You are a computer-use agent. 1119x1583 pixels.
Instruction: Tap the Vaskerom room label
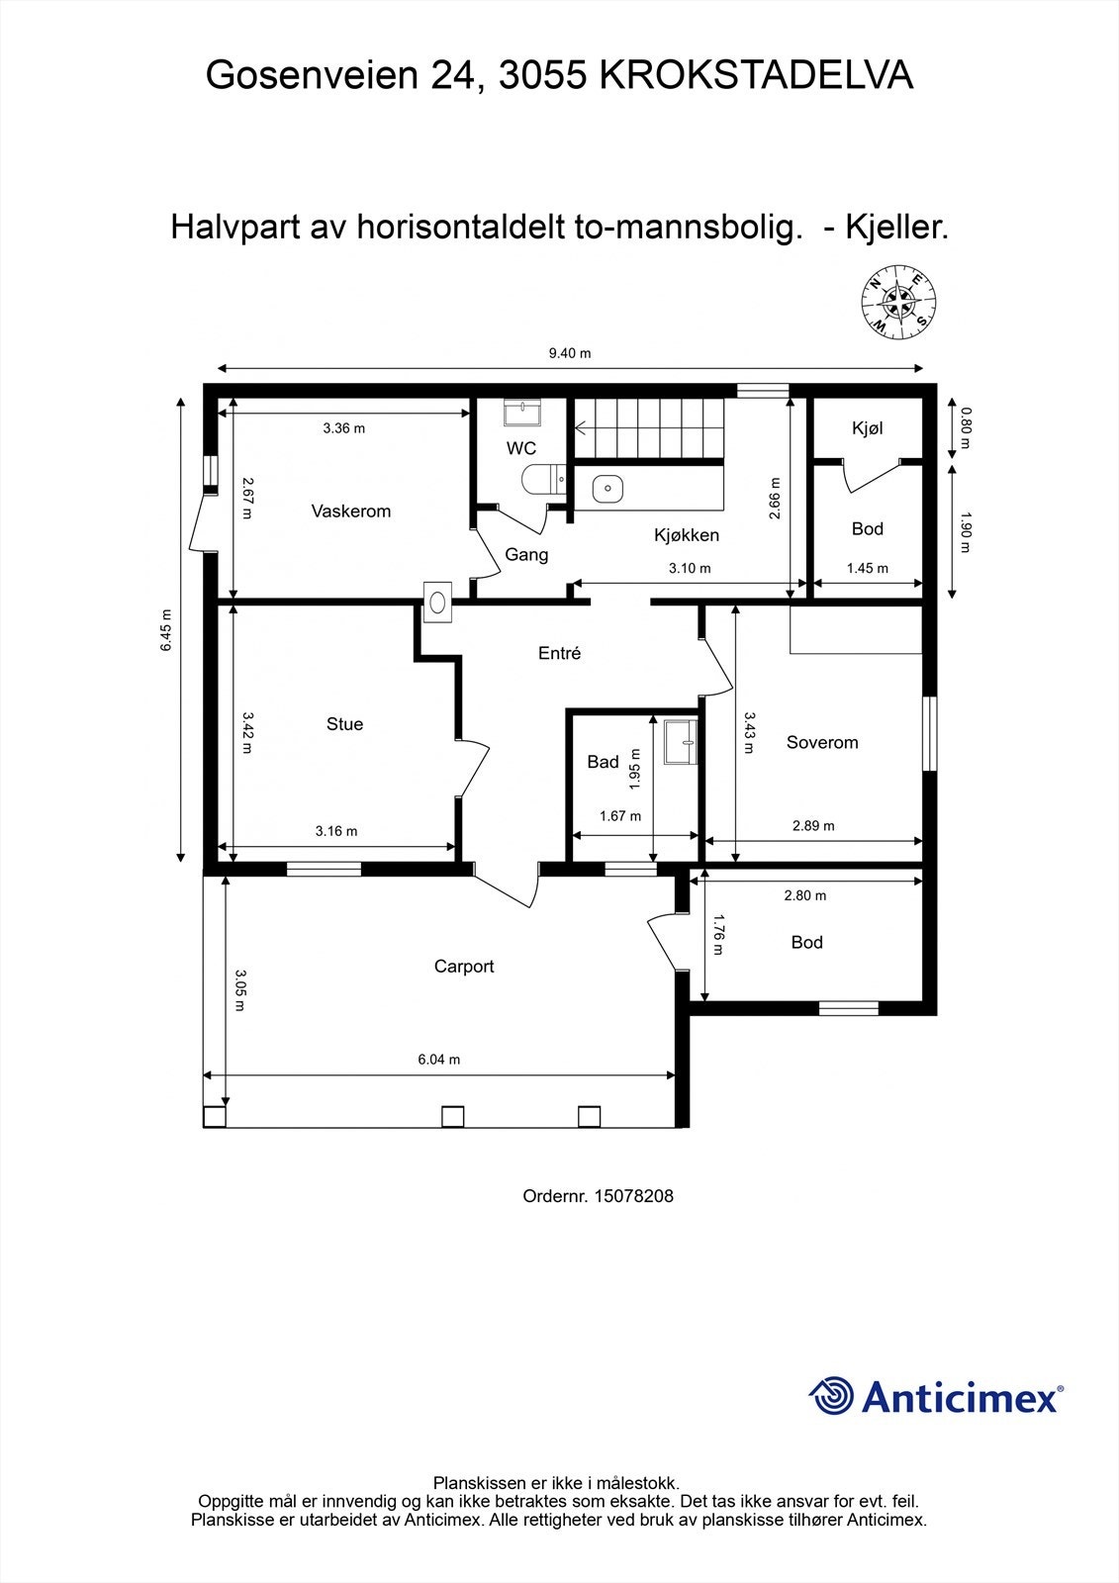(350, 512)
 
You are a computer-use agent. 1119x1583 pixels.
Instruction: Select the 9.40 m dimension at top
(570, 353)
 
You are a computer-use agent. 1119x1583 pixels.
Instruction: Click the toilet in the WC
(542, 479)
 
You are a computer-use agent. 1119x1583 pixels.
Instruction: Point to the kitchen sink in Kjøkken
(606, 489)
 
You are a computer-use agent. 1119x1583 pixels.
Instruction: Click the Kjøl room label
(868, 428)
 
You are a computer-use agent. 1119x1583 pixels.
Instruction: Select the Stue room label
(344, 724)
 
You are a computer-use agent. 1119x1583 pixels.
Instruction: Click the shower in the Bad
(680, 742)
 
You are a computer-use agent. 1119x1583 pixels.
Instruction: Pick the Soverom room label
(822, 742)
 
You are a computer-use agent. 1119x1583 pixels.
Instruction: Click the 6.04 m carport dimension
(439, 1060)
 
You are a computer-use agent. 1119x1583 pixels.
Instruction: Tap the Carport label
(464, 967)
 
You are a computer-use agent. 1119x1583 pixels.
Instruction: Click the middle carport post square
(452, 1116)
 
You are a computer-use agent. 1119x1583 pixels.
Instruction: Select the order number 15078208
(633, 1196)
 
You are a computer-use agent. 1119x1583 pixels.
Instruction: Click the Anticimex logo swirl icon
(831, 1396)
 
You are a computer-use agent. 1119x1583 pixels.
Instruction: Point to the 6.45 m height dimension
(168, 629)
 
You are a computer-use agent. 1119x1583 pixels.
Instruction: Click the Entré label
(559, 653)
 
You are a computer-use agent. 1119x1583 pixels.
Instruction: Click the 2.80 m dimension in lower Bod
(804, 895)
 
